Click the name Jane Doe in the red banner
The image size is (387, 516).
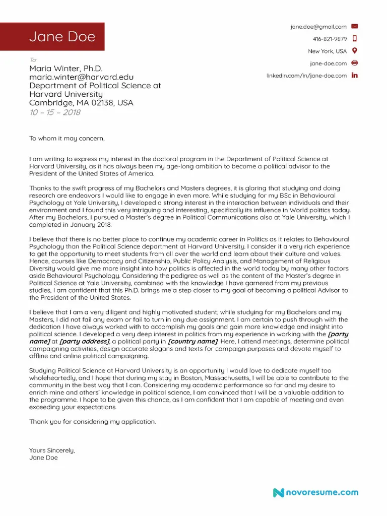(62, 37)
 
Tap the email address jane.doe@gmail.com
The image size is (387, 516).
(318, 27)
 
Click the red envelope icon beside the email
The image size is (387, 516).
(354, 26)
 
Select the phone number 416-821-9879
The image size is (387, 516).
(330, 39)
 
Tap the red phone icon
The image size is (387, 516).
(354, 39)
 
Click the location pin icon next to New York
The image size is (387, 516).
(354, 51)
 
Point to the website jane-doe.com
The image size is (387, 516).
(328, 63)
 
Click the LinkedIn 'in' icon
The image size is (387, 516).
(354, 76)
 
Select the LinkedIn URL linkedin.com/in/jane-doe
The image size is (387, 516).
(306, 76)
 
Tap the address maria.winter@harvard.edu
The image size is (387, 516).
(81, 77)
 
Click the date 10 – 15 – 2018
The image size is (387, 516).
(54, 112)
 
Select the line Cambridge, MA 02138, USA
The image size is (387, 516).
(81, 103)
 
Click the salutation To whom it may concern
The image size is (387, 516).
(67, 138)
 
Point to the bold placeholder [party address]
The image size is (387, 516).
(84, 341)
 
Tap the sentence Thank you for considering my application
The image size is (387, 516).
(93, 421)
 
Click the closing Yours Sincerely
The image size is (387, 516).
(52, 450)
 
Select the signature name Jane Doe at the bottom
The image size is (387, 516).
(43, 458)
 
